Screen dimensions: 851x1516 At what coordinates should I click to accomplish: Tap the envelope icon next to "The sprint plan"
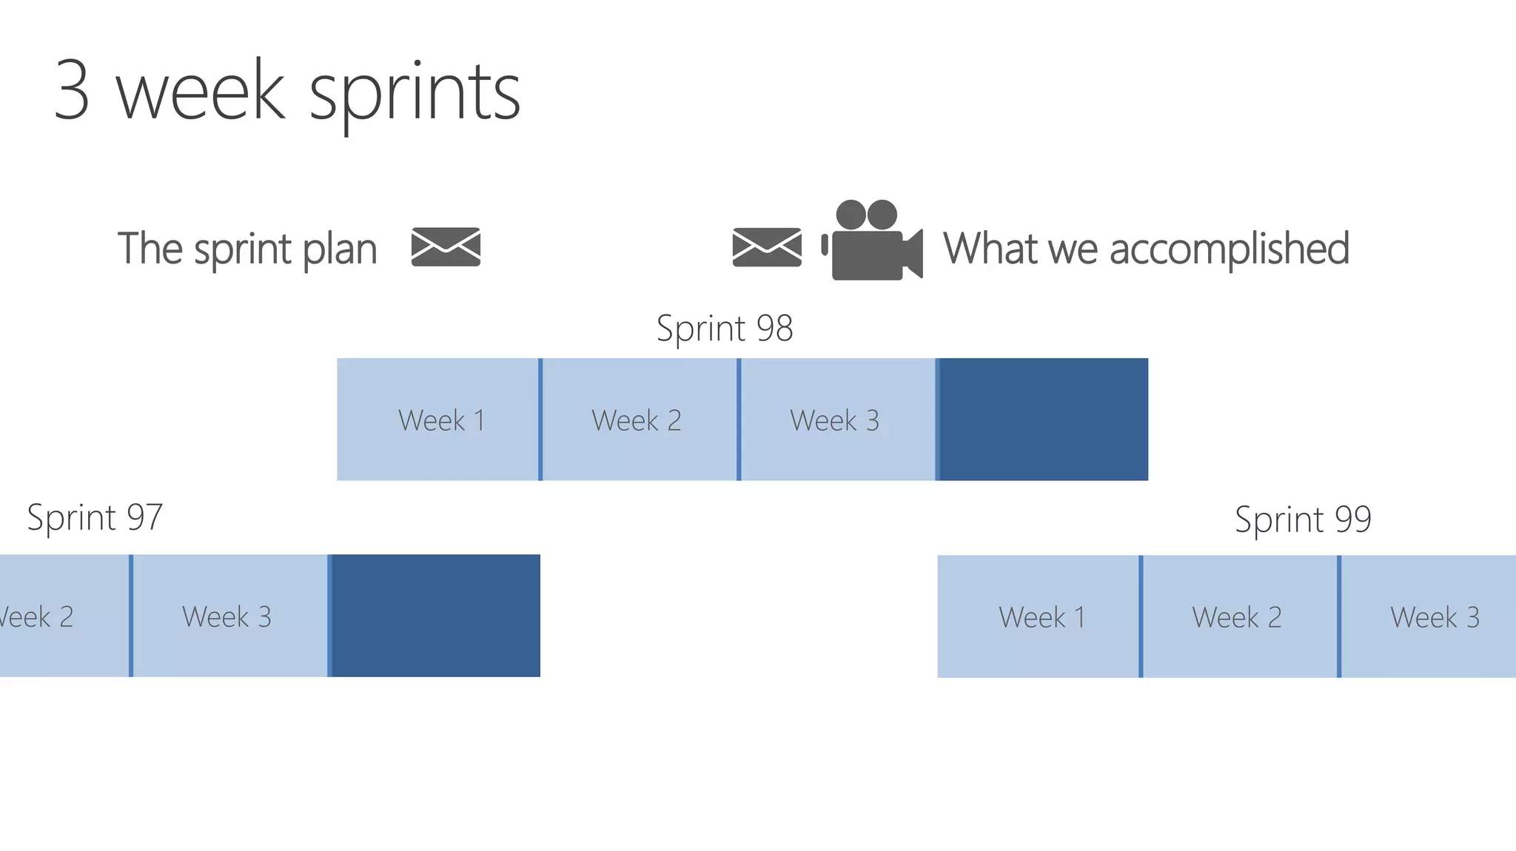pyautogui.click(x=446, y=246)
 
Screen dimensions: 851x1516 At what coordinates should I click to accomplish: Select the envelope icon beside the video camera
pyautogui.click(x=767, y=247)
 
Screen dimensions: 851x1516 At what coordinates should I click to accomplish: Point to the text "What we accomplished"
pyautogui.click(x=1146, y=248)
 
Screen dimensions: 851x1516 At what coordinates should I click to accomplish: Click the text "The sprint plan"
pyautogui.click(x=247, y=249)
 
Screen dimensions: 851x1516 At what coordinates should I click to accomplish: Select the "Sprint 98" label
pyautogui.click(x=725, y=328)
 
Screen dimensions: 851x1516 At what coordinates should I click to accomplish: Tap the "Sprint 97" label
pyautogui.click(x=95, y=517)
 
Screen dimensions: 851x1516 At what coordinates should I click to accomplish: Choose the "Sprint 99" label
pyautogui.click(x=1303, y=519)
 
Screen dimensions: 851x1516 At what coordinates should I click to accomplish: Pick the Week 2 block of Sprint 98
pyautogui.click(x=639, y=420)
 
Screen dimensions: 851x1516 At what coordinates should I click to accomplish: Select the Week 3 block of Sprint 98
pyautogui.click(x=837, y=420)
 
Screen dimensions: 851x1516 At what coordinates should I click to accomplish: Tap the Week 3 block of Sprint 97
pyautogui.click(x=229, y=616)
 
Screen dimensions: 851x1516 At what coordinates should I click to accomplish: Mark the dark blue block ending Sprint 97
pyautogui.click(x=435, y=616)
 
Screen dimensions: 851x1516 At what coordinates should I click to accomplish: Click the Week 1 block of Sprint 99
pyautogui.click(x=1038, y=616)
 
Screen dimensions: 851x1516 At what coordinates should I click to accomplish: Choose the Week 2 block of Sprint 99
pyautogui.click(x=1239, y=616)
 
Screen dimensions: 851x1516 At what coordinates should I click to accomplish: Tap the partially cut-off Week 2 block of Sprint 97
pyautogui.click(x=63, y=616)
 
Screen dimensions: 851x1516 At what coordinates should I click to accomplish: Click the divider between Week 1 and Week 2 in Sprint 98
pyautogui.click(x=540, y=420)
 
